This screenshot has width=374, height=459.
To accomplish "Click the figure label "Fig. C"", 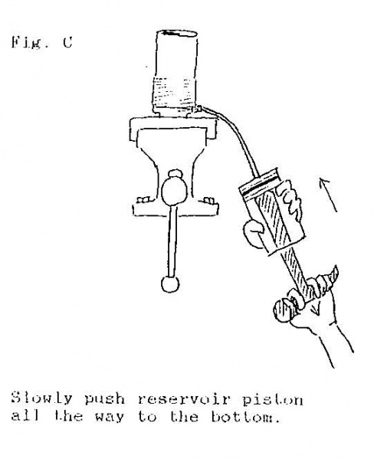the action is click(x=41, y=43).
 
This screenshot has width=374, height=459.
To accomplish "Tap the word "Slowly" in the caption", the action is click(x=41, y=399).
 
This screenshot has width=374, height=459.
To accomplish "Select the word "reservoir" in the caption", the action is click(x=184, y=399).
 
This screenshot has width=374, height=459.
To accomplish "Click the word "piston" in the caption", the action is click(x=273, y=400).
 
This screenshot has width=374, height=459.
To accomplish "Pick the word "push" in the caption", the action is click(x=104, y=400).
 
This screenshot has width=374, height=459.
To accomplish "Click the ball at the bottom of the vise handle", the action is click(x=170, y=284).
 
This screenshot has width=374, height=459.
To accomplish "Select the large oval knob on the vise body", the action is click(x=174, y=191).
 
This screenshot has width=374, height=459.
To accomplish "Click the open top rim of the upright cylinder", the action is click(x=179, y=34).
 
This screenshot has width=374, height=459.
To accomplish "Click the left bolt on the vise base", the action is click(x=143, y=200).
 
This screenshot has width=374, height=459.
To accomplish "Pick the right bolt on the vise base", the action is click(x=208, y=200).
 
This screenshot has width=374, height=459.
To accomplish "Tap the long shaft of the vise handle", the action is click(x=172, y=241).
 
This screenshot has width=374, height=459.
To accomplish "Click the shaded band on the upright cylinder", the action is click(x=174, y=91).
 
